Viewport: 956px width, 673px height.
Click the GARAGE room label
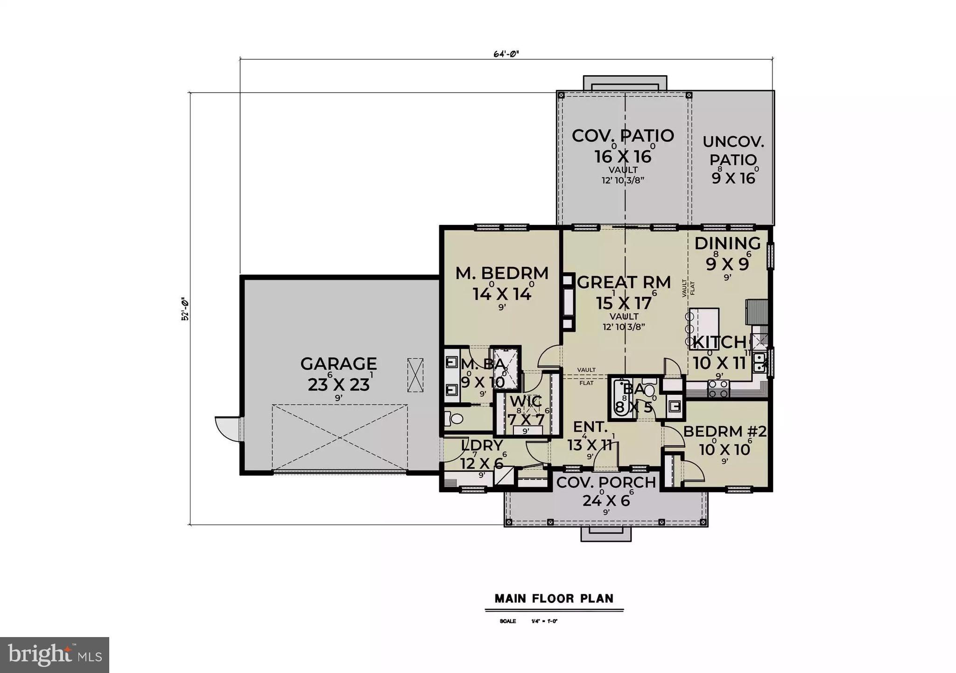[x=338, y=364]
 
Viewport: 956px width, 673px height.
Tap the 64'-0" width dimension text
[x=506, y=53]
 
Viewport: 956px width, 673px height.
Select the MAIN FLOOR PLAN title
[x=554, y=598]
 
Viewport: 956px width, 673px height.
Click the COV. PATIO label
[x=623, y=136]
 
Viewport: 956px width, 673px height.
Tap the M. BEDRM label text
[x=502, y=273]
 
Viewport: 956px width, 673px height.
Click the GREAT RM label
[x=624, y=282]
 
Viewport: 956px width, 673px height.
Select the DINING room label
[x=727, y=243]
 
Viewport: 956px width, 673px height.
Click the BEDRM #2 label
[x=724, y=431]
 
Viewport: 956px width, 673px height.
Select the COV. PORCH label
[x=606, y=483]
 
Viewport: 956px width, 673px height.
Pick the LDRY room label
[x=482, y=445]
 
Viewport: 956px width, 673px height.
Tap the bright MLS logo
[x=55, y=655]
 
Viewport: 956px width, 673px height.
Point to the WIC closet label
[x=526, y=401]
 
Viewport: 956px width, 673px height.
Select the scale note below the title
[x=528, y=621]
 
